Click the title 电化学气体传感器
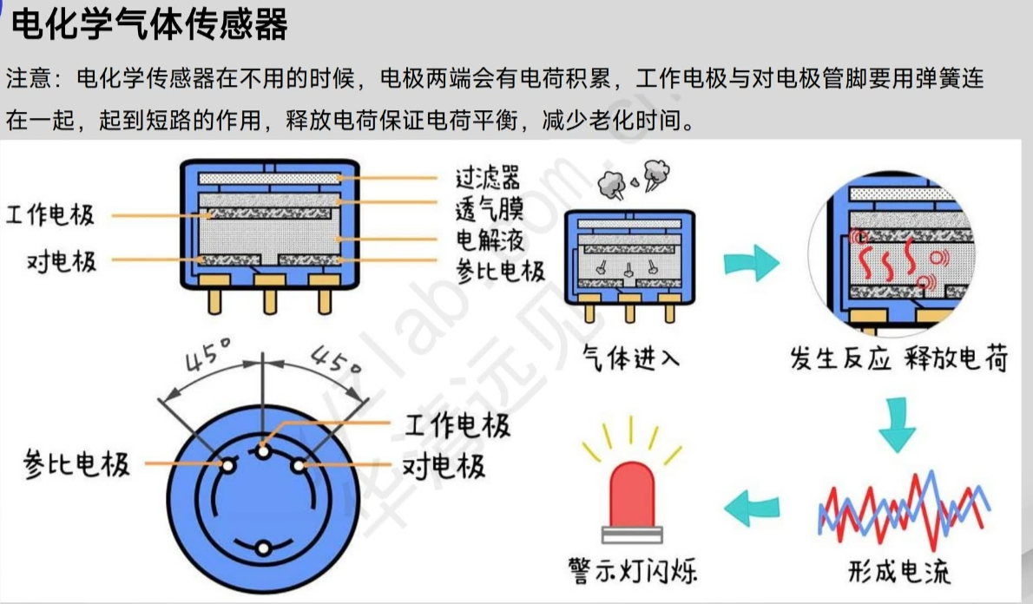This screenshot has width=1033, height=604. coord(148,25)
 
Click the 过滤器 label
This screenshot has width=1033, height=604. coord(488,179)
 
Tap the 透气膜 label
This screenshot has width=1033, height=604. coord(488,209)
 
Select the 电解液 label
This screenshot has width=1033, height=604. coord(488,240)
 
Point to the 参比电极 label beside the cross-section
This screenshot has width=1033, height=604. coord(501,271)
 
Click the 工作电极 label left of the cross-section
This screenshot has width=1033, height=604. coord(50,215)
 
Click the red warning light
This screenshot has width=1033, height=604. coord(631,495)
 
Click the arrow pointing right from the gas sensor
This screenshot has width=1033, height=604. coord(751,261)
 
